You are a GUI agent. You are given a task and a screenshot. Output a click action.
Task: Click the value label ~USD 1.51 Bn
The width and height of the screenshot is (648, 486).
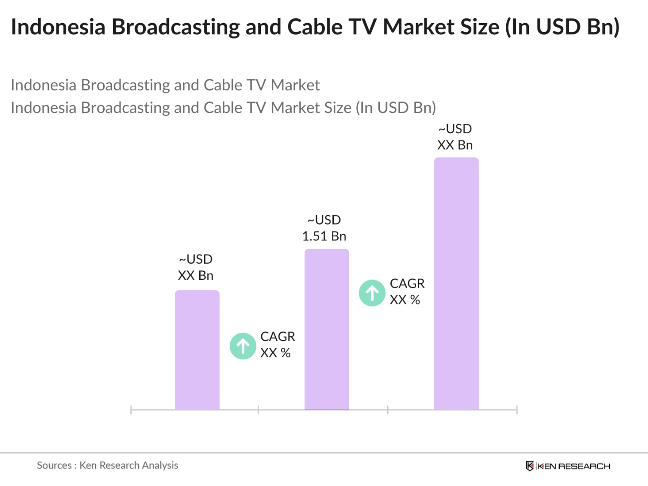point(324,228)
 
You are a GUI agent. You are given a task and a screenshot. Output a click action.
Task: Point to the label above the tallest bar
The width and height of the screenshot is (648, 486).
point(455,137)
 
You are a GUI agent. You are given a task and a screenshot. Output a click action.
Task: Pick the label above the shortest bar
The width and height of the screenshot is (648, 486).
point(196,267)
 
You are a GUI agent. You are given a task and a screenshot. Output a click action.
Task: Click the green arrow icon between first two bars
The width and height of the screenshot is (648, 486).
point(243,346)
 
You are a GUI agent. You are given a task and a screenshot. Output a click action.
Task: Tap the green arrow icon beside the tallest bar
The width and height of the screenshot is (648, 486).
point(372,293)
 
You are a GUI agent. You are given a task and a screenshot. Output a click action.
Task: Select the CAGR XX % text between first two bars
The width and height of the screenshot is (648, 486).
point(277,345)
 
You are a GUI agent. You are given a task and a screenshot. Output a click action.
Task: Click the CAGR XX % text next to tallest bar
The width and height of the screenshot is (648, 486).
point(407,291)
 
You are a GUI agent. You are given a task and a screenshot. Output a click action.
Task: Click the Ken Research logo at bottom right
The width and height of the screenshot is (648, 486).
point(568,466)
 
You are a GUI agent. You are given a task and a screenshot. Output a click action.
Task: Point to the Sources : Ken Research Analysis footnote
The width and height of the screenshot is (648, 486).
point(107,465)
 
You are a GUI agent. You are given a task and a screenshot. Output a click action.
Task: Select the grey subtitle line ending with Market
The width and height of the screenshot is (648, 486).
point(165,85)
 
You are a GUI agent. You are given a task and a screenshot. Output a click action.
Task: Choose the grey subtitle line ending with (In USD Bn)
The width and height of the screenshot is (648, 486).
point(223,108)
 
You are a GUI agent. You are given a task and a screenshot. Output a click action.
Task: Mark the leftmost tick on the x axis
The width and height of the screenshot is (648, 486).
point(131,410)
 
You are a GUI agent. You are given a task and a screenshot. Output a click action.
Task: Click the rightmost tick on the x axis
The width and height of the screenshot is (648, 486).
point(517,410)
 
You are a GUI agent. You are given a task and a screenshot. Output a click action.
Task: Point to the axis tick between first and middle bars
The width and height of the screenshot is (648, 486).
point(258,410)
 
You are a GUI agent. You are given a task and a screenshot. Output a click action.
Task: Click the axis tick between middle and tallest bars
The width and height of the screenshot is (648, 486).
point(388,410)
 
